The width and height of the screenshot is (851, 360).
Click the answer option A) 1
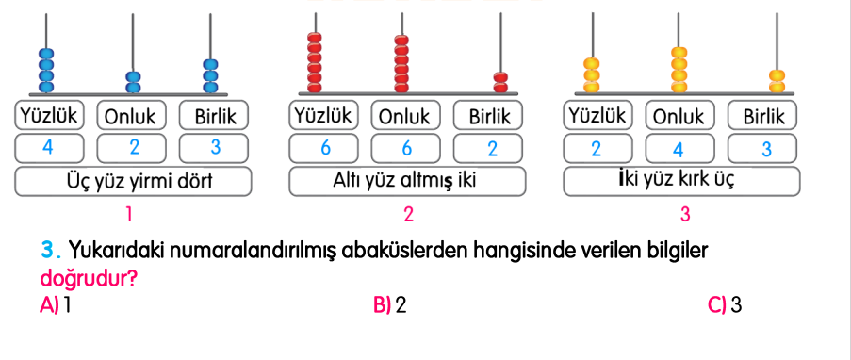pyautogui.click(x=57, y=305)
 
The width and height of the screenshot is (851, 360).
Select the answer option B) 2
pyautogui.click(x=389, y=305)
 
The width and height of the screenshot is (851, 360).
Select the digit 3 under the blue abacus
pyautogui.click(x=214, y=147)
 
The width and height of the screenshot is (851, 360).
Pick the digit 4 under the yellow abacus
pyautogui.click(x=679, y=148)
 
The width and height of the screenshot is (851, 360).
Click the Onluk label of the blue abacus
pyautogui.click(x=131, y=117)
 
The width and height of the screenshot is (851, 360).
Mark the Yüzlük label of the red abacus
pyautogui.click(x=322, y=116)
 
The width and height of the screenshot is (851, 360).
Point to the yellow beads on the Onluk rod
pyautogui.click(x=679, y=70)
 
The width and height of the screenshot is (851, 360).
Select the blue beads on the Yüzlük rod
pyautogui.click(x=48, y=67)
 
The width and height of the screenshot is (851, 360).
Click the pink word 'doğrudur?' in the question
pyautogui.click(x=86, y=280)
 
